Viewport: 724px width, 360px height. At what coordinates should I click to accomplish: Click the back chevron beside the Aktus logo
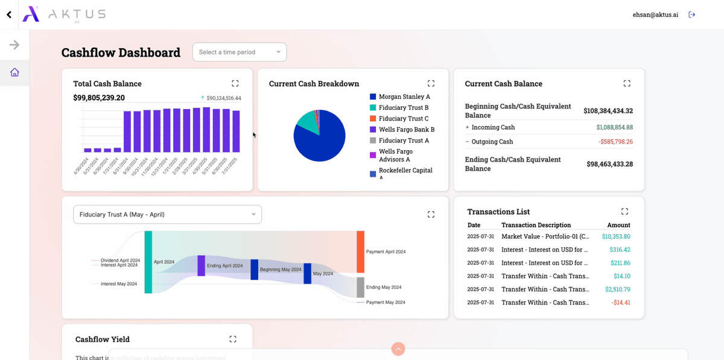click(8, 14)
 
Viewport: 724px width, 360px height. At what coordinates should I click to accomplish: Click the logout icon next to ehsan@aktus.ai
click(692, 14)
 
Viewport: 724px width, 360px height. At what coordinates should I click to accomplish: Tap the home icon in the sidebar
click(14, 72)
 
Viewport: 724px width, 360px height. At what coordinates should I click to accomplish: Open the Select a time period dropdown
click(240, 52)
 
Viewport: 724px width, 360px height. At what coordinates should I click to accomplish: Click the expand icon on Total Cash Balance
click(235, 83)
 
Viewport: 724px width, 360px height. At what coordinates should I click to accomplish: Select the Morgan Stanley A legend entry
click(404, 96)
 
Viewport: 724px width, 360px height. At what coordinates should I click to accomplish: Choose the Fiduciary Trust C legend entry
click(403, 119)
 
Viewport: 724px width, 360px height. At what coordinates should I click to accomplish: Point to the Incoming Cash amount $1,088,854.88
click(614, 127)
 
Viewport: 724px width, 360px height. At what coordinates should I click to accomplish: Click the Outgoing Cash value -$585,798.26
click(615, 142)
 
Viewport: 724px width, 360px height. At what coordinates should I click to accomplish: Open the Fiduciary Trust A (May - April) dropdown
click(167, 215)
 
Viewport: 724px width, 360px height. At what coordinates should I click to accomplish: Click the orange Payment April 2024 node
click(360, 251)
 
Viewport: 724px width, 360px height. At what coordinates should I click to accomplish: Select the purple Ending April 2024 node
click(201, 266)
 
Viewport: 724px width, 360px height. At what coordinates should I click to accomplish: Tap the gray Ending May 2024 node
click(360, 287)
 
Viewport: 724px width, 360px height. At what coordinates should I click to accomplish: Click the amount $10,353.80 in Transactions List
click(615, 236)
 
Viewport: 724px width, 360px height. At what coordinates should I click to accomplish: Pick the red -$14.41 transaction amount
click(620, 303)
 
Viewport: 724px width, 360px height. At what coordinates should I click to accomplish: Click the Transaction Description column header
click(536, 225)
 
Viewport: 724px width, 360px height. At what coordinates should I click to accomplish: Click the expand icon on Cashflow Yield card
click(233, 339)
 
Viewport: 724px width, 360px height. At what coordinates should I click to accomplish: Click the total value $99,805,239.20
click(99, 98)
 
